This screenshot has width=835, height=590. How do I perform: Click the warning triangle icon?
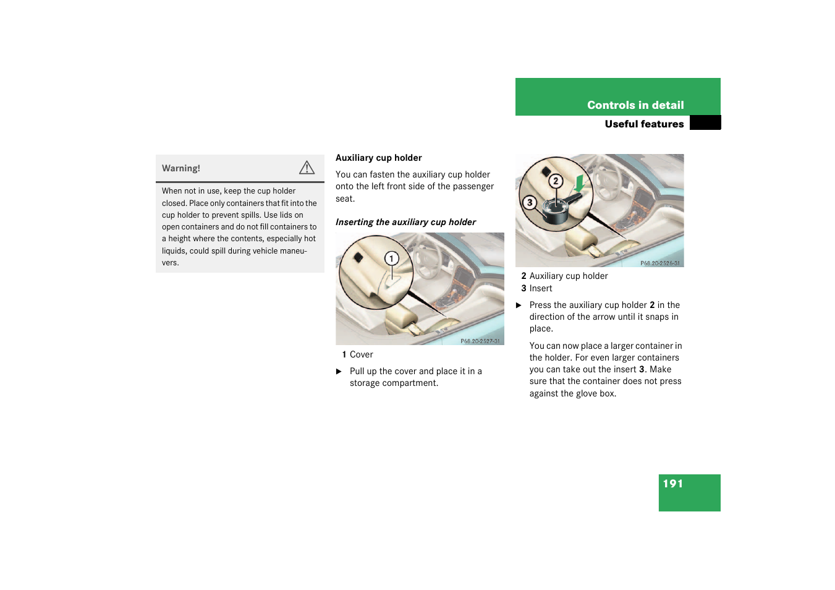307,168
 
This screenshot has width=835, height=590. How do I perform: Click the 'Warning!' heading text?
181,168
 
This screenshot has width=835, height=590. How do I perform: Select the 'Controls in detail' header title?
635,105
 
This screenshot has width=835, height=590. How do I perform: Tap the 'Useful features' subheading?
644,124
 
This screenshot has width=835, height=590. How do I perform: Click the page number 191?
673,484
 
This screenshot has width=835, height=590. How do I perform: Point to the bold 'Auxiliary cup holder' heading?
378,158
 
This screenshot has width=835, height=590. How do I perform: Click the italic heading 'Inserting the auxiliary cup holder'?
405,222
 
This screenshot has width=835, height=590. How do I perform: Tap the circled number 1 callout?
391,259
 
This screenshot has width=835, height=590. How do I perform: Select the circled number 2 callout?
556,181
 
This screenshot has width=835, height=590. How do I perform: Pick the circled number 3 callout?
529,203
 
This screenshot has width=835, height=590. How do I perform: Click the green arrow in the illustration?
579,184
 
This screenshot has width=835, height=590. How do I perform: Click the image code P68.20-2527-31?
480,341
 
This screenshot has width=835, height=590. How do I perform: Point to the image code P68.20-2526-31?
660,263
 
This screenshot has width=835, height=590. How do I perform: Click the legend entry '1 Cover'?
357,354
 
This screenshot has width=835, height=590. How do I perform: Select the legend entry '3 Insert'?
536,288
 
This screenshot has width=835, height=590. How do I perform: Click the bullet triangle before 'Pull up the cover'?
339,372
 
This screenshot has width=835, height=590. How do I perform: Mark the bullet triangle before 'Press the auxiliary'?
518,305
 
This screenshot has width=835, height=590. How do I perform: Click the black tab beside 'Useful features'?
705,122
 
